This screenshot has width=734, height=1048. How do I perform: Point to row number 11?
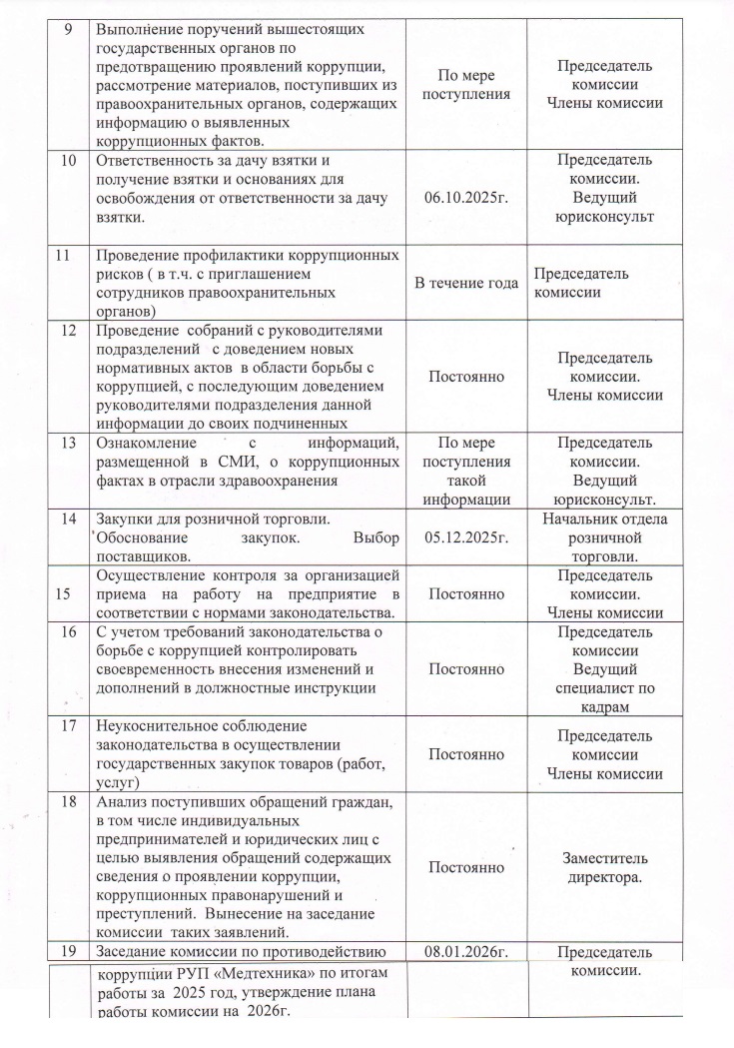point(65,255)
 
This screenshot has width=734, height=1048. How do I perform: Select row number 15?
point(67,592)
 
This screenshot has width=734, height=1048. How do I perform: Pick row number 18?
point(68,801)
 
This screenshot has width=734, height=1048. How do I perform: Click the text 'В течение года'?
point(466,284)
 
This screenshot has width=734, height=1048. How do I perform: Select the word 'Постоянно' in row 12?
point(466,377)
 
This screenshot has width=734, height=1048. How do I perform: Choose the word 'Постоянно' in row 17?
point(466,754)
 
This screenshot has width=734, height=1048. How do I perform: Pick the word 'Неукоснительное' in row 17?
point(159,724)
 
